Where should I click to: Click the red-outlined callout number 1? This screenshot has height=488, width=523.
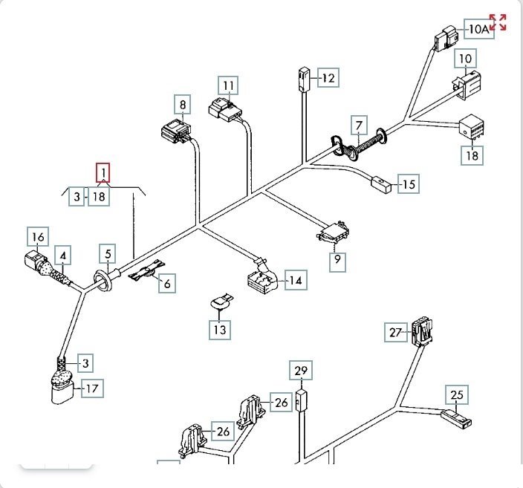pos(103,174)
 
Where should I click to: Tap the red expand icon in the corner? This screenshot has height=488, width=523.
pos(498,22)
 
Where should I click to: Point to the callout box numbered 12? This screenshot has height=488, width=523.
pos(328,77)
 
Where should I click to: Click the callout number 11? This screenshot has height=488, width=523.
pos(229,86)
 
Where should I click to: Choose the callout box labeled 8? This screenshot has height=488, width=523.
pos(183,105)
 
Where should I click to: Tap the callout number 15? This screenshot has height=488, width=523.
pos(408,183)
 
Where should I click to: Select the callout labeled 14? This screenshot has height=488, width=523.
pos(296,280)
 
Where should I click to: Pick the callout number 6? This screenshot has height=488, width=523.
pos(166,283)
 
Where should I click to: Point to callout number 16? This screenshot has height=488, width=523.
pos(38,237)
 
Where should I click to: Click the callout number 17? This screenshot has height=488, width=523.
pos(92,388)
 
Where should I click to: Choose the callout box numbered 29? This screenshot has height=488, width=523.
pos(301,370)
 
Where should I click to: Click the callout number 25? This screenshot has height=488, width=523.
pos(456,394)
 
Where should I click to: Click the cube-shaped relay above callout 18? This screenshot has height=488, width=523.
pos(472,127)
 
